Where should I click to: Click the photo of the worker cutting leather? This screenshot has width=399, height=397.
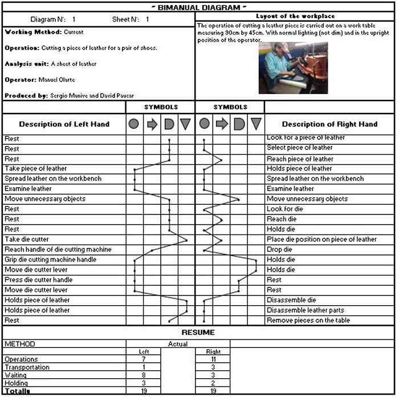[293, 67]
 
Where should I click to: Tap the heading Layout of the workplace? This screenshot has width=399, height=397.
[295, 17]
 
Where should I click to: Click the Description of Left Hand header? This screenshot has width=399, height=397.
[64, 124]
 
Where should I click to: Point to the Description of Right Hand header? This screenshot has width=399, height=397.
[329, 124]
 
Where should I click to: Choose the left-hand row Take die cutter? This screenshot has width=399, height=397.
[27, 240]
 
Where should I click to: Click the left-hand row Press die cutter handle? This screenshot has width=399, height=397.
[39, 280]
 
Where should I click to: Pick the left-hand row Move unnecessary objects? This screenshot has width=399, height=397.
[45, 199]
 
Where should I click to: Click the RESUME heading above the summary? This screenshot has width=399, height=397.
[198, 333]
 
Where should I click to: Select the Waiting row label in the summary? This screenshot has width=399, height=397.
[16, 375]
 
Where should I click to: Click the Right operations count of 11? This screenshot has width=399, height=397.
[213, 359]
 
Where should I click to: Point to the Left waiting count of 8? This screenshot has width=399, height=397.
[144, 375]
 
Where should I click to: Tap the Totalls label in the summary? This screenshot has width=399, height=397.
[17, 391]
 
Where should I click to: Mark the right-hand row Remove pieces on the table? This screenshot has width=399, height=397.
[308, 321]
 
